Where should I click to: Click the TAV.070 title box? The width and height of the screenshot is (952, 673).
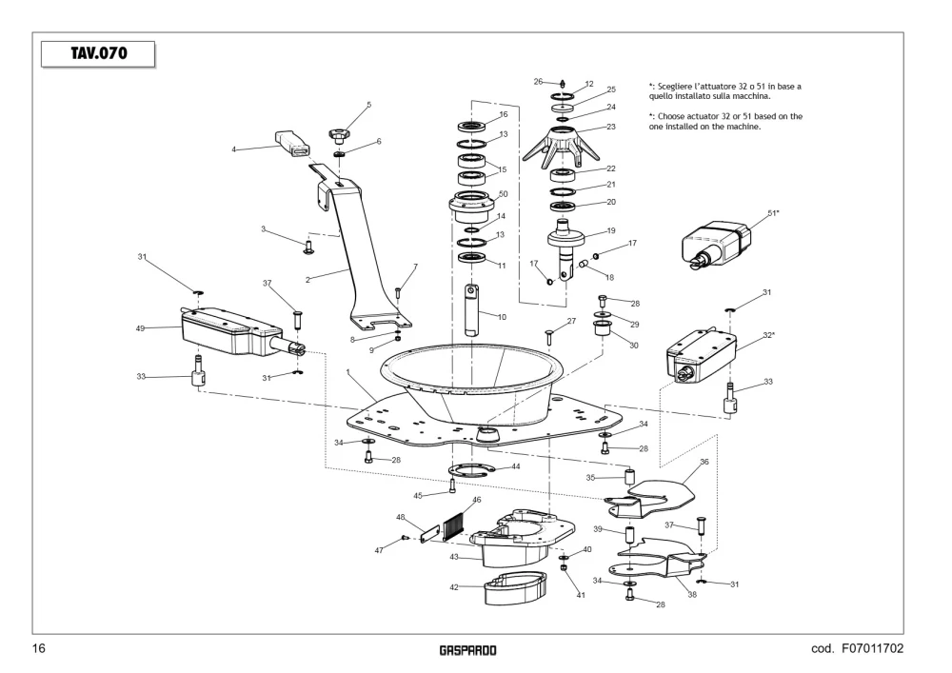(98, 54)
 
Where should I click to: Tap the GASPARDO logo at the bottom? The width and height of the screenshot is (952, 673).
(467, 650)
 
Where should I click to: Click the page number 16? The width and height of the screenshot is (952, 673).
(38, 648)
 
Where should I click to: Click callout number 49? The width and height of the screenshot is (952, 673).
(140, 328)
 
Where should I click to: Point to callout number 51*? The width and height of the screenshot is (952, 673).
(773, 213)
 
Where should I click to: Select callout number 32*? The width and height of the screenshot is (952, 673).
(768, 335)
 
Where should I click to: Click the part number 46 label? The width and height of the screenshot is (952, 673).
(477, 500)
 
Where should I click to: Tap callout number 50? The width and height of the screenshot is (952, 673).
(503, 194)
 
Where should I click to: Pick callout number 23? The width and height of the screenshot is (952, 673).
(611, 127)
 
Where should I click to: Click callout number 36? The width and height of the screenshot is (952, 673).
(704, 462)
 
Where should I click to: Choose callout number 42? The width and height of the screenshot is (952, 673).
(454, 586)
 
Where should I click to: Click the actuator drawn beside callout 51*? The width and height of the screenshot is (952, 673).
(717, 244)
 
